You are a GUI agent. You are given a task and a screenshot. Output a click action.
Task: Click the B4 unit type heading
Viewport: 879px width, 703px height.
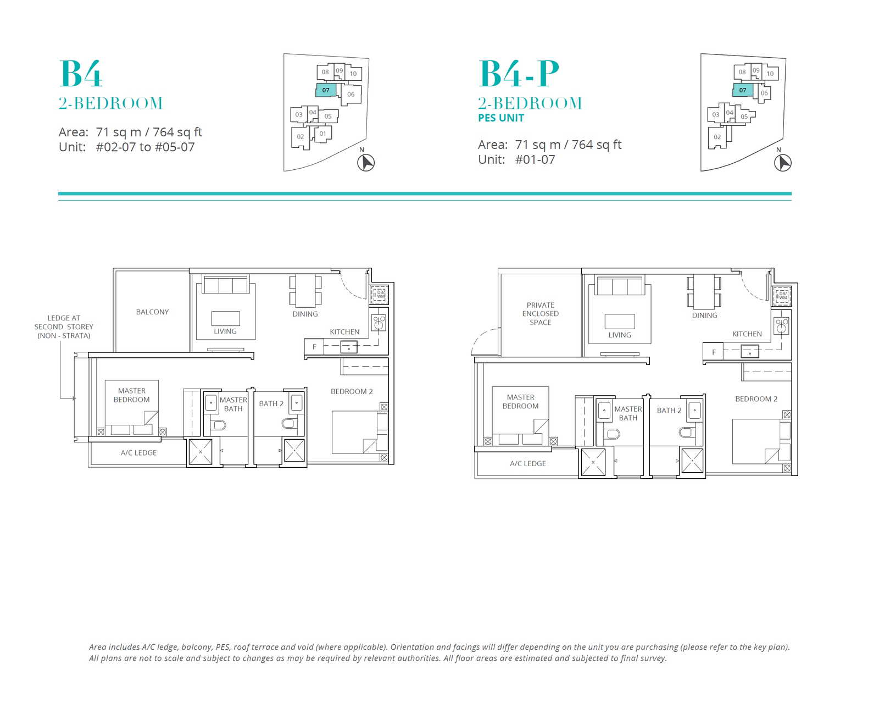coord(80,74)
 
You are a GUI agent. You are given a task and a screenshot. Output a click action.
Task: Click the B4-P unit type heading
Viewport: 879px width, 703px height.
coord(519,74)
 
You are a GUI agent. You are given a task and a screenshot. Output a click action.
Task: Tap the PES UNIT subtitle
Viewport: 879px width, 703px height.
coord(501,118)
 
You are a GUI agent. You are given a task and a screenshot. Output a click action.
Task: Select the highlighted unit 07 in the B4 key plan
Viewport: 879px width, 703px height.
coord(326,90)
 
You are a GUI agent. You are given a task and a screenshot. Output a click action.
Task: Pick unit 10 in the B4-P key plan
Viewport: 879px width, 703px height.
coord(770,74)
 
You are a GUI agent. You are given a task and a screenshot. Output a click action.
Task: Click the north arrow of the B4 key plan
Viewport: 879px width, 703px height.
coord(366,163)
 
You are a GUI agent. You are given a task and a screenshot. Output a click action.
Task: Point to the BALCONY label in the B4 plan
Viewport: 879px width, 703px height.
coord(152,312)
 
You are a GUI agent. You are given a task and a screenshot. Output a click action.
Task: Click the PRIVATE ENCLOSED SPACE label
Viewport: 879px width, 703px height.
coord(541,313)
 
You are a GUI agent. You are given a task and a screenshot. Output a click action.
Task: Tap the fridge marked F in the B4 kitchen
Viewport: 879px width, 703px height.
coord(314,347)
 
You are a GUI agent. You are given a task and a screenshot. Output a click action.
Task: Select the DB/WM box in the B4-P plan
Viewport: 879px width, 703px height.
coord(782,296)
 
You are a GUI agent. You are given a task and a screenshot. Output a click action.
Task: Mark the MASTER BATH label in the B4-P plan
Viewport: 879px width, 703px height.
coord(628,413)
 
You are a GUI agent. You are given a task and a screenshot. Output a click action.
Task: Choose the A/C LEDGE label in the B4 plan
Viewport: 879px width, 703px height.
coord(138,453)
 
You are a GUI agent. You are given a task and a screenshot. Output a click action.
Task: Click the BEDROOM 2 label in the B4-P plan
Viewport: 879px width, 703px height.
coord(756,399)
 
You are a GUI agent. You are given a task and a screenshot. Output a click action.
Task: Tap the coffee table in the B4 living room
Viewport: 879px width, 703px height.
coord(225,318)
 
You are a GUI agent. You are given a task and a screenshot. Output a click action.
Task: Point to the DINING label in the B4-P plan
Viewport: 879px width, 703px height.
coord(704,315)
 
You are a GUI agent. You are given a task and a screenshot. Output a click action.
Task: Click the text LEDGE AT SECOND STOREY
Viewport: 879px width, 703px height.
coord(64,323)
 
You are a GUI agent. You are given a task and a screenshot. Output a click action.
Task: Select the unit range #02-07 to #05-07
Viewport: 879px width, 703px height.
coord(145,147)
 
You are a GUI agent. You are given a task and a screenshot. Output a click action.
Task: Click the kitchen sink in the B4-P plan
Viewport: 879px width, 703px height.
coord(749,352)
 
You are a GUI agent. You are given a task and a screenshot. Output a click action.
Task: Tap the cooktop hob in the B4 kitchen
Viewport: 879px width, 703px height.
coord(379,323)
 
